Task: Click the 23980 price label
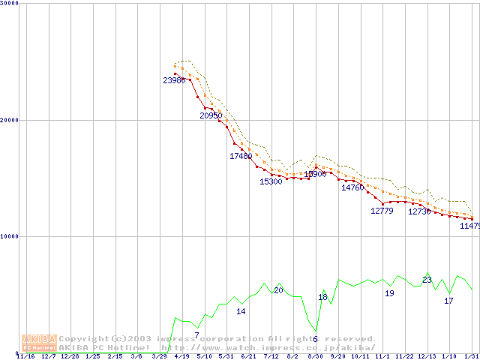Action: click(x=174, y=80)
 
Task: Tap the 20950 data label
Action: click(x=211, y=115)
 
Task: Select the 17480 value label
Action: click(x=241, y=156)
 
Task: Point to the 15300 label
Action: click(x=271, y=181)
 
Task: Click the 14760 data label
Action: click(x=352, y=187)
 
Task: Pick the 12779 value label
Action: click(x=382, y=211)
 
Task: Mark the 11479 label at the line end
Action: click(x=469, y=226)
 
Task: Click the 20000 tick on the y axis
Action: click(x=10, y=120)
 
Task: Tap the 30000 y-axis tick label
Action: click(x=10, y=4)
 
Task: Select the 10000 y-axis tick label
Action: click(x=10, y=236)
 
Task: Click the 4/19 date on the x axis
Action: click(x=181, y=356)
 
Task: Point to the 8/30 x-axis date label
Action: click(x=315, y=356)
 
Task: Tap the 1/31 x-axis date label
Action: click(x=471, y=356)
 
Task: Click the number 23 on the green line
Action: click(x=427, y=280)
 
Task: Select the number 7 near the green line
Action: click(x=196, y=335)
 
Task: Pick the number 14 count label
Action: click(x=241, y=311)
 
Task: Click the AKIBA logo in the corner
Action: click(x=39, y=343)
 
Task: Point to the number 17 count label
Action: click(x=448, y=301)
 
